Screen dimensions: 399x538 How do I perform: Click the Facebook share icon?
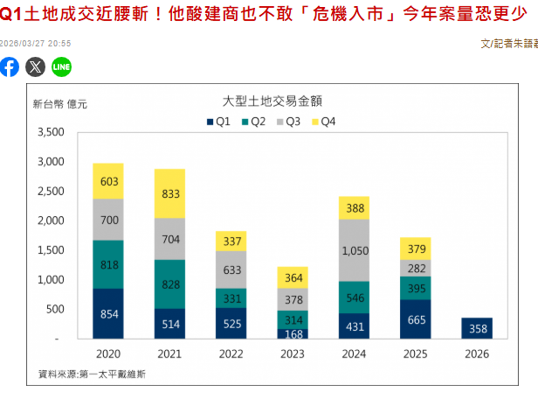coord(10,66)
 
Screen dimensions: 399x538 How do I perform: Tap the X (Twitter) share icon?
coord(36,66)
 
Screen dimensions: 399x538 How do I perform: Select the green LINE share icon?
coord(61,66)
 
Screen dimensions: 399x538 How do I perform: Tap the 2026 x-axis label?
coord(477,354)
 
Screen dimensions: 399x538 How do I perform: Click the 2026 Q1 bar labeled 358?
coord(477,328)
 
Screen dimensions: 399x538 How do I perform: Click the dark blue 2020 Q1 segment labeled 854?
coord(109,313)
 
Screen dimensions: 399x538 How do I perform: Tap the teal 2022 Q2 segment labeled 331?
coord(231,297)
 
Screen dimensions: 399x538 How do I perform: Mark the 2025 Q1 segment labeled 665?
coord(417,319)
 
